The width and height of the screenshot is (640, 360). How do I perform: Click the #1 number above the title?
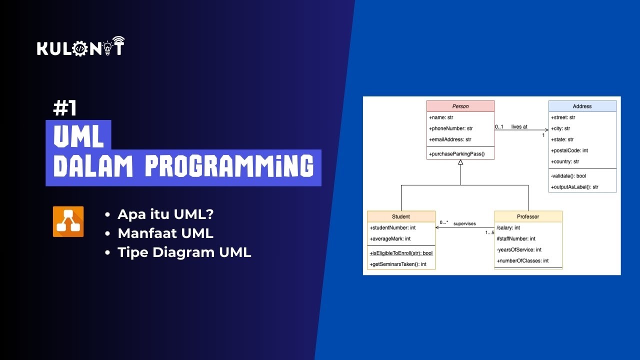pos(65,108)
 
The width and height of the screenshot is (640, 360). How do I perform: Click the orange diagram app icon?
pos(68,221)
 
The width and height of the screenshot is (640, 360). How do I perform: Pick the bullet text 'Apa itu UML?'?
pos(165,214)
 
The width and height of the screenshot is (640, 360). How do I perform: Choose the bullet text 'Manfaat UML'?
pos(165,233)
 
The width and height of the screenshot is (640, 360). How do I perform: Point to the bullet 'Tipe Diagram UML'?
pos(184,252)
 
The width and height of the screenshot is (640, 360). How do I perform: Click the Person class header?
pos(460,106)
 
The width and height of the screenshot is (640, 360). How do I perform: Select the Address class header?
pos(582,106)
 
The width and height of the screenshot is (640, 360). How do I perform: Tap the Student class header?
pos(401,216)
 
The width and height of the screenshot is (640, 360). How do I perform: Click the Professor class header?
pos(528,216)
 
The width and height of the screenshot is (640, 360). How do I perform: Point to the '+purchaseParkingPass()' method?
pos(457,153)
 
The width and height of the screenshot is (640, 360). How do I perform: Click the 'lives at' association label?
pos(519,127)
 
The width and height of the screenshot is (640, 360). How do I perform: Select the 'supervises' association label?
pos(464,223)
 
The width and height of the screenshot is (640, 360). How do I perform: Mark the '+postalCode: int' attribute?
pos(569,150)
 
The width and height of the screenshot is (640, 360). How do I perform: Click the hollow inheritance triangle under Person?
pos(460,162)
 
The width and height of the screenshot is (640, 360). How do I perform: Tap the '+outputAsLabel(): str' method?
pos(574,187)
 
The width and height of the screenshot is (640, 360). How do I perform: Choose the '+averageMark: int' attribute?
pos(390,239)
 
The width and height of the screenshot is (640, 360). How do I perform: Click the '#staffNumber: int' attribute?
pos(516,239)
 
